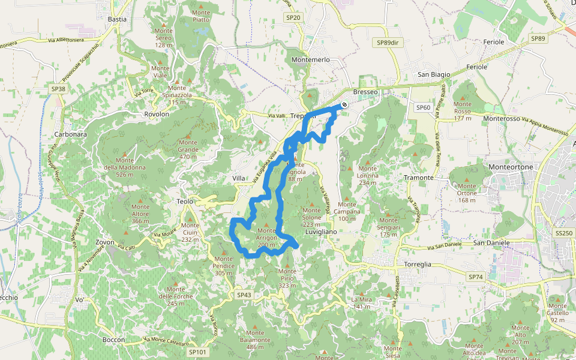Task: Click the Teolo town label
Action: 185,202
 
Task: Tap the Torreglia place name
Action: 411,264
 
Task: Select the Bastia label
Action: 117,19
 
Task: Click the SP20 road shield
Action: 293,18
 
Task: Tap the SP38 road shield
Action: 58,89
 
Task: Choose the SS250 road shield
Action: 564,232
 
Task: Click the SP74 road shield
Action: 475,277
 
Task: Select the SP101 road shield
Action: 197,352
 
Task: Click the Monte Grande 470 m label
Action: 188,149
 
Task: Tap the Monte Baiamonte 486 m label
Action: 255,340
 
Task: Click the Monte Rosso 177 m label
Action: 463,111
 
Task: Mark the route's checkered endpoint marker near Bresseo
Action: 344,106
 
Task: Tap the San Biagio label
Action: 434,74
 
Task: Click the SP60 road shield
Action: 423,107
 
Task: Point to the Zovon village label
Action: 105,242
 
